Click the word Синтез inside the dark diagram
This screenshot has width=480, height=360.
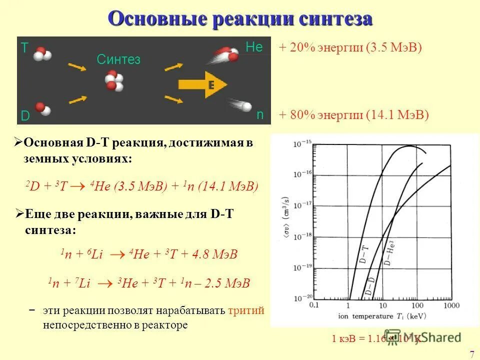click(x=118, y=60)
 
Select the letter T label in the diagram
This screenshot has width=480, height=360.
click(x=24, y=47)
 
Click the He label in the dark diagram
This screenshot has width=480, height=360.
click(x=254, y=47)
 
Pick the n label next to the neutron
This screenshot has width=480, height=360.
click(x=260, y=114)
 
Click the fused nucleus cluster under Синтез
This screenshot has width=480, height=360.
click(x=114, y=82)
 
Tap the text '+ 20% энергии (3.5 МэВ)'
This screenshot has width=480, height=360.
click(x=350, y=48)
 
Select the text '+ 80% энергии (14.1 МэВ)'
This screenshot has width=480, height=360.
click(x=354, y=115)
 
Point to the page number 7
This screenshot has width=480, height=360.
click(x=472, y=354)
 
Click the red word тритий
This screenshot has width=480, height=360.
click(x=245, y=310)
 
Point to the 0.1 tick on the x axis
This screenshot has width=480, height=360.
click(x=314, y=304)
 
